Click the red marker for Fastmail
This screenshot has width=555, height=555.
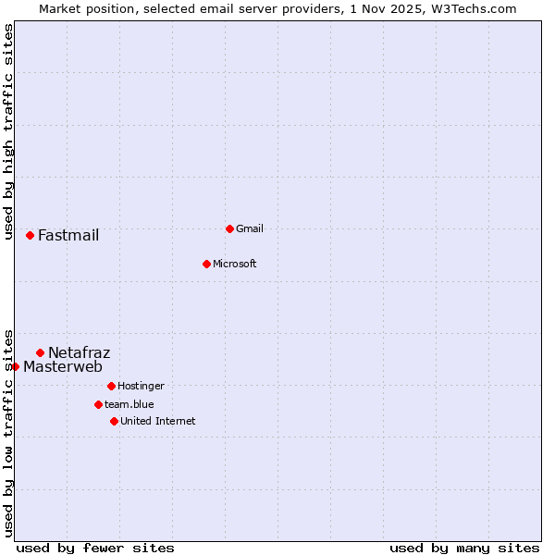pos(30,235)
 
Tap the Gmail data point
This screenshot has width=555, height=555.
pos(229,228)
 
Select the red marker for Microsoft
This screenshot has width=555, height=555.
pos(206,264)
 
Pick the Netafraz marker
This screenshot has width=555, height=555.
pos(40,352)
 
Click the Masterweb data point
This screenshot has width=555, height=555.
pos(16,366)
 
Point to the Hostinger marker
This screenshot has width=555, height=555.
pos(111,386)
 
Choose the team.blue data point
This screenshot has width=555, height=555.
pos(98,404)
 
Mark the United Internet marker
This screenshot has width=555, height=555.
pos(114,421)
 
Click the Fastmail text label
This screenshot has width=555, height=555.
pos(68,235)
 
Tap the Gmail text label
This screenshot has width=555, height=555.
pos(250,228)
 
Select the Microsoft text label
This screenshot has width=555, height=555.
pos(235,264)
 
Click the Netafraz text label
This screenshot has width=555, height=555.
pos(79,352)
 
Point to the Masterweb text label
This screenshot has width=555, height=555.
pos(63,366)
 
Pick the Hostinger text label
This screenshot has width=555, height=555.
pos(141,386)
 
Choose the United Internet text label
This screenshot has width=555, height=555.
pos(158,421)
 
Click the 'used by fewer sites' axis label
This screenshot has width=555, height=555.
pos(95,548)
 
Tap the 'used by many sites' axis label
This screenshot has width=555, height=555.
pos(464,548)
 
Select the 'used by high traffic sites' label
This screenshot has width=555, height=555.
pos(9,132)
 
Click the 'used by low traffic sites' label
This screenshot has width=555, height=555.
pos(9,432)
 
